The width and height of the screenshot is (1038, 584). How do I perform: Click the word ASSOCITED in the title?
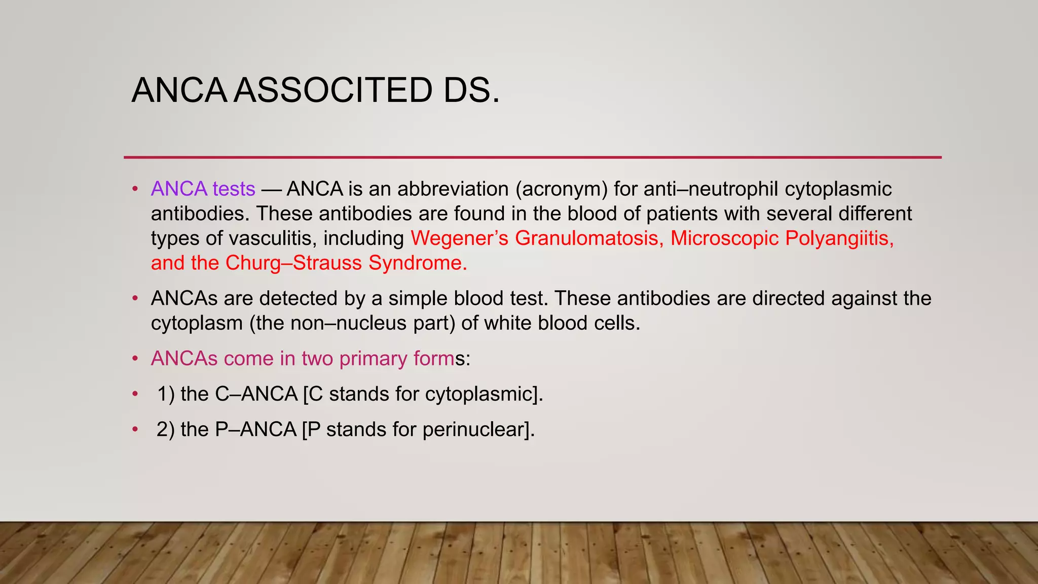pos(333,90)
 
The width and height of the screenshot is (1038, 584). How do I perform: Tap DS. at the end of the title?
pos(471,90)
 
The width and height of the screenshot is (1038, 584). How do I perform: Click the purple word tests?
pos(234,189)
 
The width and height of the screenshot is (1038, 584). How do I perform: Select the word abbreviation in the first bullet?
pos(453,189)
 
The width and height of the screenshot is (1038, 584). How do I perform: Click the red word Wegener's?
pos(459,238)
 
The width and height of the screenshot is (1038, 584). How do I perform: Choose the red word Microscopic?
pos(724,238)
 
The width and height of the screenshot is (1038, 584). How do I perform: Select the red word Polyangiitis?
pos(839,238)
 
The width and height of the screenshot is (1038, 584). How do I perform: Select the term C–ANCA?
pos(256,394)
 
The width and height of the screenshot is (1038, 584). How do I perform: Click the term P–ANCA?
pos(255,429)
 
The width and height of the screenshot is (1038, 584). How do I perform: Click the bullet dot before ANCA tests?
pos(135,189)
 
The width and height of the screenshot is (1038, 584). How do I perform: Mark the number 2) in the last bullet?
pos(165,429)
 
